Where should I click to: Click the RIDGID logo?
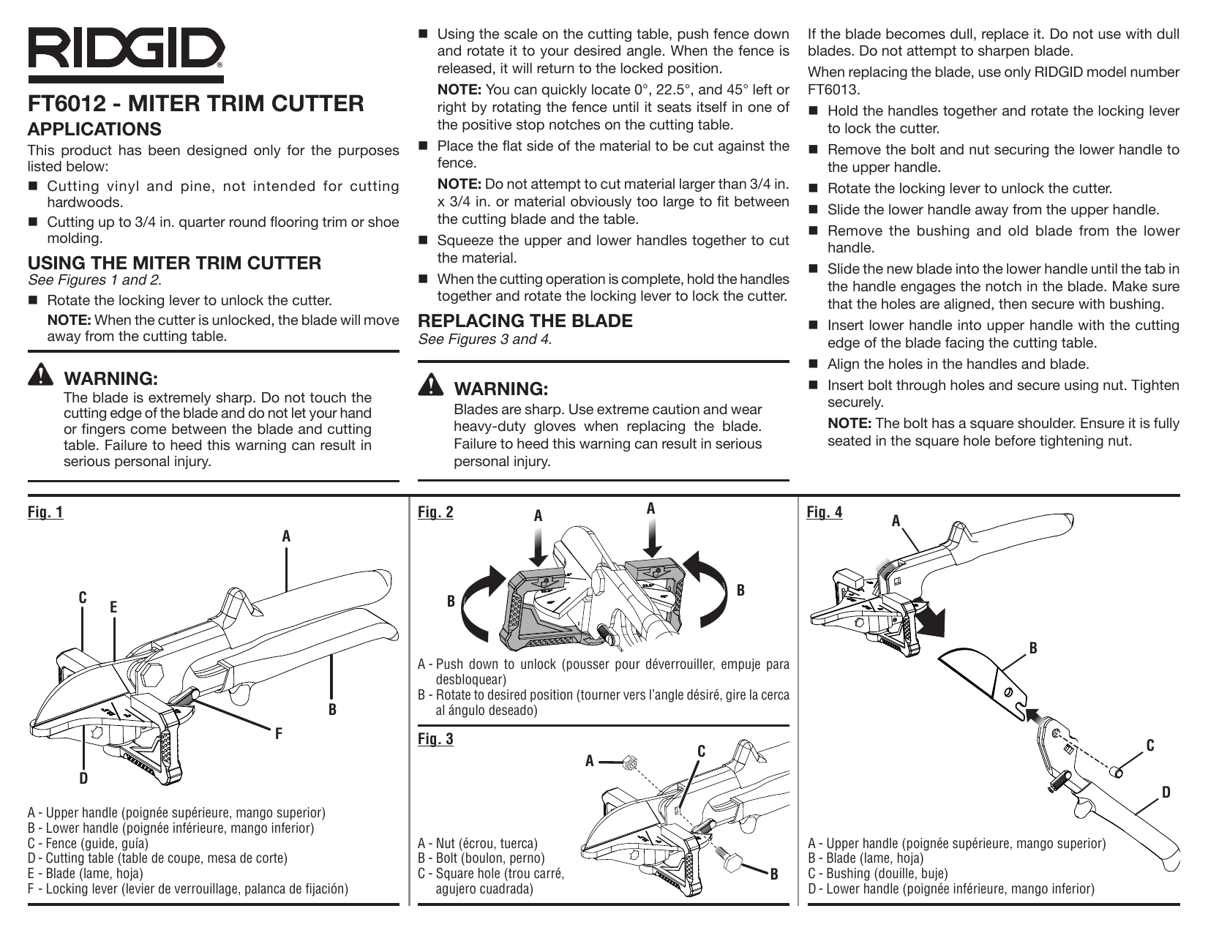126,50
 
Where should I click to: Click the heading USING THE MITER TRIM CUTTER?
174,263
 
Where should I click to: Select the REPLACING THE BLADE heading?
525,321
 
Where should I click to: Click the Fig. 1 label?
45,512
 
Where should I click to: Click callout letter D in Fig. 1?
83,778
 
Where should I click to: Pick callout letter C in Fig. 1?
83,598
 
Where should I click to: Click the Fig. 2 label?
435,512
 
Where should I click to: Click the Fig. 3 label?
435,739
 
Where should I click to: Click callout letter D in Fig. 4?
1166,792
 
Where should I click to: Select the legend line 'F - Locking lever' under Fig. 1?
187,889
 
